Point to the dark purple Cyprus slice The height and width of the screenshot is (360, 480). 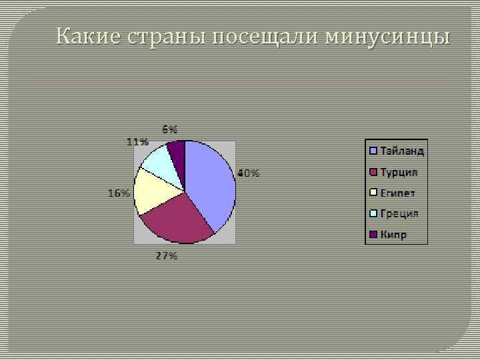[x=177, y=152]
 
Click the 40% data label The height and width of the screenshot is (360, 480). [x=249, y=173]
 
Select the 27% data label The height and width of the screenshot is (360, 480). [x=167, y=256]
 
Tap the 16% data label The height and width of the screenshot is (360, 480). [x=119, y=193]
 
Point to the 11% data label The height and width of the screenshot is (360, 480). [x=137, y=141]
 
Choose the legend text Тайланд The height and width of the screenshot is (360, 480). [x=402, y=151]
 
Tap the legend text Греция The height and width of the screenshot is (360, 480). [x=399, y=213]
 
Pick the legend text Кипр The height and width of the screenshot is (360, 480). [x=393, y=235]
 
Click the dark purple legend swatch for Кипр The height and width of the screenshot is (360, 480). [x=373, y=235]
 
